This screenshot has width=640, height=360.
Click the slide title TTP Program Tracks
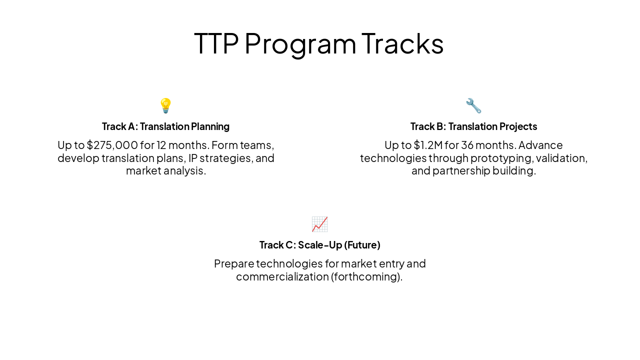pos(319,43)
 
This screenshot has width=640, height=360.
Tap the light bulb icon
pos(165,105)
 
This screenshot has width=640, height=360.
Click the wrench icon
pos(473,105)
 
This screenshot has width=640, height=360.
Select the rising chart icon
pos(319,224)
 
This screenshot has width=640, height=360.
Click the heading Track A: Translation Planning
pos(165,126)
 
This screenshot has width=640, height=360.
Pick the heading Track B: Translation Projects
pos(473,126)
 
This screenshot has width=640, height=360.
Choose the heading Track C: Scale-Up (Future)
pos(319,245)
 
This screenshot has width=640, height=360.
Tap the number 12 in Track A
pos(162,145)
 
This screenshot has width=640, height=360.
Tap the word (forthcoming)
pos(366,276)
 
